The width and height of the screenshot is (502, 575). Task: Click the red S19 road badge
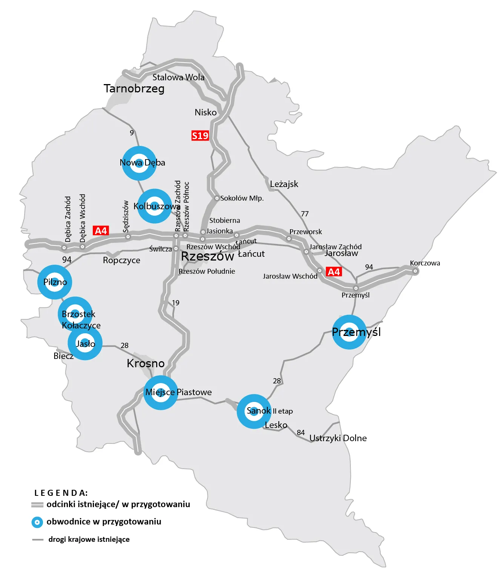tap(200, 136)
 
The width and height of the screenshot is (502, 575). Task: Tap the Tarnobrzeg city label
tap(134, 89)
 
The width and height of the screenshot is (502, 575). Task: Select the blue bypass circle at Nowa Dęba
tap(139, 163)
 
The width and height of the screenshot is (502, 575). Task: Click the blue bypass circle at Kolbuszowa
tap(154, 206)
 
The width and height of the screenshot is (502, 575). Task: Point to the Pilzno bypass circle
tap(55, 282)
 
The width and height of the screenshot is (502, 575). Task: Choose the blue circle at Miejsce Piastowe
tap(161, 393)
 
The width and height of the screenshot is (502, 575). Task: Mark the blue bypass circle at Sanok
tap(254, 411)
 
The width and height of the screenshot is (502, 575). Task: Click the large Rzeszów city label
tap(207, 256)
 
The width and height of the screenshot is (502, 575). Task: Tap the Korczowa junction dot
tap(415, 271)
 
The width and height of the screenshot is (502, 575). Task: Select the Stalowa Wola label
tap(178, 77)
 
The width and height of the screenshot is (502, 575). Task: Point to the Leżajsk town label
tap(284, 184)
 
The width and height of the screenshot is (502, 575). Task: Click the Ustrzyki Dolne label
tap(338, 438)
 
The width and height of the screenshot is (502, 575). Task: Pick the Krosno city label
tap(146, 363)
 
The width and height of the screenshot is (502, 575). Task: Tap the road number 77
tap(305, 214)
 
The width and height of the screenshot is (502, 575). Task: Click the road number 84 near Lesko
tap(301, 432)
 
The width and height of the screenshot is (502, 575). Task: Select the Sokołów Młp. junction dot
tap(217, 198)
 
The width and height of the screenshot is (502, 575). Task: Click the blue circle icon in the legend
tap(37, 522)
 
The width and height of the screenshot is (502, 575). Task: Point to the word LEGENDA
tap(61, 493)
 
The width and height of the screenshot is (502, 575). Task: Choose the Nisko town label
tap(206, 112)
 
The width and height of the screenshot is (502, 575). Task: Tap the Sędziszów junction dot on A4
tap(128, 237)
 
